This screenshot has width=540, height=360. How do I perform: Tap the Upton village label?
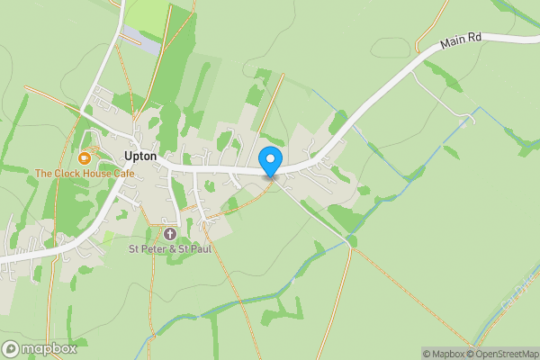[x=141, y=156]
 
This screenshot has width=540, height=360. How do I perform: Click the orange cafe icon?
[x=85, y=157]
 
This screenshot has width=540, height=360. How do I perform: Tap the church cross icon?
[x=169, y=234]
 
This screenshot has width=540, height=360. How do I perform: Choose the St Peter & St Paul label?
[x=169, y=248]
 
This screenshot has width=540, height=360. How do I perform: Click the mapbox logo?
[x=40, y=348]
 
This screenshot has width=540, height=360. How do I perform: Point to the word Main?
[x=453, y=46]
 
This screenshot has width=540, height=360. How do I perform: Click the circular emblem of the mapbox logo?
[x=12, y=348]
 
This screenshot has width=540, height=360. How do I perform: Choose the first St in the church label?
[x=135, y=248]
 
